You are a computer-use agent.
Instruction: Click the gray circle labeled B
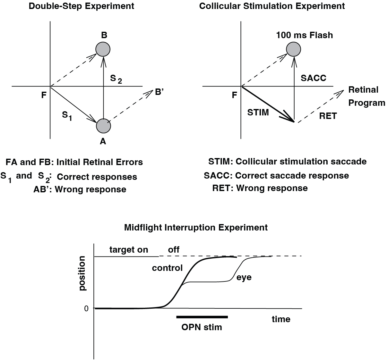[x=103, y=49]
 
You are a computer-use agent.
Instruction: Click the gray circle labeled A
[x=103, y=126]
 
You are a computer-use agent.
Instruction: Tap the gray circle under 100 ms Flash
[x=294, y=49]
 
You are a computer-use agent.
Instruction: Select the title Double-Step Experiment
[x=82, y=6]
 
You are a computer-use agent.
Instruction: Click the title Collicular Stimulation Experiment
[x=272, y=6]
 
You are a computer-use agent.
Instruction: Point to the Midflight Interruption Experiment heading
[x=196, y=228]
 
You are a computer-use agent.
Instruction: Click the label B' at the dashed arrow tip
[x=160, y=92]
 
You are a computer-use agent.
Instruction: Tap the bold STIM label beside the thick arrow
[x=258, y=112]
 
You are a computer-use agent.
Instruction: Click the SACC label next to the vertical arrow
[x=313, y=78]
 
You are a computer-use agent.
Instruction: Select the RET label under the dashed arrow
[x=328, y=116]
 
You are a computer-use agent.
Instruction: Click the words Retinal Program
[x=366, y=96]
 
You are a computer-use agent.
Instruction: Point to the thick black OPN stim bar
[x=202, y=317]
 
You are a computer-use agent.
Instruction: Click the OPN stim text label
[x=202, y=327]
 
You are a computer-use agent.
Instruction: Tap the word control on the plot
[x=167, y=268]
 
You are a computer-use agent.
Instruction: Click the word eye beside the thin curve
[x=244, y=277]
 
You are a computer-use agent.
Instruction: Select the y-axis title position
[x=82, y=273]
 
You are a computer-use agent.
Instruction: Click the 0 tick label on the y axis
[x=86, y=308]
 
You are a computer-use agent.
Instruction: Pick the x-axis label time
[x=281, y=319]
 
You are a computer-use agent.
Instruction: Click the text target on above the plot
[x=129, y=250]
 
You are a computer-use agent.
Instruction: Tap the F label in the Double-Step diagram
[x=44, y=95]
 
